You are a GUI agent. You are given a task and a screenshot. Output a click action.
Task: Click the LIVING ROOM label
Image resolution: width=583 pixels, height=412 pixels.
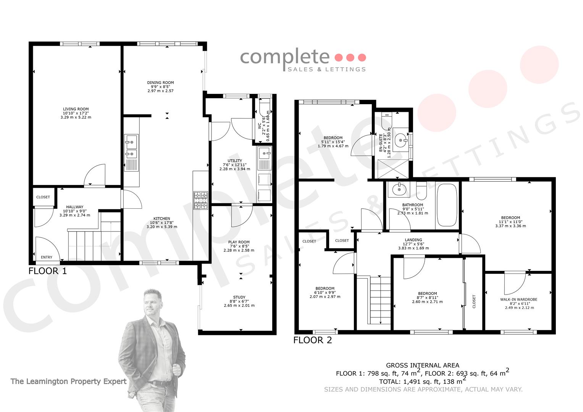pyautogui.click(x=76, y=109)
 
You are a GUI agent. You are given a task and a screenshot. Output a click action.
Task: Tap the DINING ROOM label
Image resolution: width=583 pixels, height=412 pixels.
pyautogui.click(x=160, y=82)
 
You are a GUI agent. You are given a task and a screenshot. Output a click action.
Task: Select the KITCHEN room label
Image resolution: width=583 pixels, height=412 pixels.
pyautogui.click(x=161, y=219)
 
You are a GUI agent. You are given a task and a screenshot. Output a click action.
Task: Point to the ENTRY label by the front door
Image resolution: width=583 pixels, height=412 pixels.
pyautogui.click(x=47, y=257)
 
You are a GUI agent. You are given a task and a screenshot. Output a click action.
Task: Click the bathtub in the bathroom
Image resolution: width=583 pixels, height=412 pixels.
pyautogui.click(x=447, y=205)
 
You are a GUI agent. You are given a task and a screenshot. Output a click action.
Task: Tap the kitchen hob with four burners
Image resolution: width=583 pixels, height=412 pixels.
pyautogui.click(x=201, y=200)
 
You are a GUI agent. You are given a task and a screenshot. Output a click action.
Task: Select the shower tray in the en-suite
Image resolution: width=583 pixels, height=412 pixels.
pyautogui.click(x=393, y=169)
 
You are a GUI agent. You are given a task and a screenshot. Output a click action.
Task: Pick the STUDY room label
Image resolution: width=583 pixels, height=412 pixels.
pyautogui.click(x=239, y=297)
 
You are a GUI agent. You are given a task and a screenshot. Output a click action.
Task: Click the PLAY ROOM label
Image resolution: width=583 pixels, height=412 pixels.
pyautogui.click(x=239, y=242)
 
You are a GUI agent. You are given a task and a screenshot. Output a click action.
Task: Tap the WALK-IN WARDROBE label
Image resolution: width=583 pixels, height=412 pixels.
pyautogui.click(x=518, y=299)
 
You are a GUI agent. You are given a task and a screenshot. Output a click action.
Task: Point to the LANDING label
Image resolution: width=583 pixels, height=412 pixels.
pyautogui.click(x=413, y=240)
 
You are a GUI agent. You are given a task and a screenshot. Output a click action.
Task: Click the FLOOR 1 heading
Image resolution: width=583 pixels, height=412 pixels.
pyautogui.click(x=48, y=271)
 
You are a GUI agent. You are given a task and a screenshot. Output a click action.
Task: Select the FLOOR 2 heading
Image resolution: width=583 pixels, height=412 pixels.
pyautogui.click(x=313, y=340)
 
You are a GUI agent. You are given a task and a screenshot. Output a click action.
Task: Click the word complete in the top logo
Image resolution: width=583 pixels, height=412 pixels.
pyautogui.click(x=285, y=58)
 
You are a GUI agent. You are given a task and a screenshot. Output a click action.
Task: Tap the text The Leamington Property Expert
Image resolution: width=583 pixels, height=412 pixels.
pyautogui.click(x=68, y=381)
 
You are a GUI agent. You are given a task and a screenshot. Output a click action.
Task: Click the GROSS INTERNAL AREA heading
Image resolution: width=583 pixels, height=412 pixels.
pyautogui.click(x=422, y=365)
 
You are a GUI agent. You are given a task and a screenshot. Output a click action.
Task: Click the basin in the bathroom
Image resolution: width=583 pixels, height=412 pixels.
pyautogui.click(x=399, y=189)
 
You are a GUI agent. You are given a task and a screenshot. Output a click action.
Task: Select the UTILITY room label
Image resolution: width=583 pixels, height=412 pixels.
pyautogui.click(x=234, y=161)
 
